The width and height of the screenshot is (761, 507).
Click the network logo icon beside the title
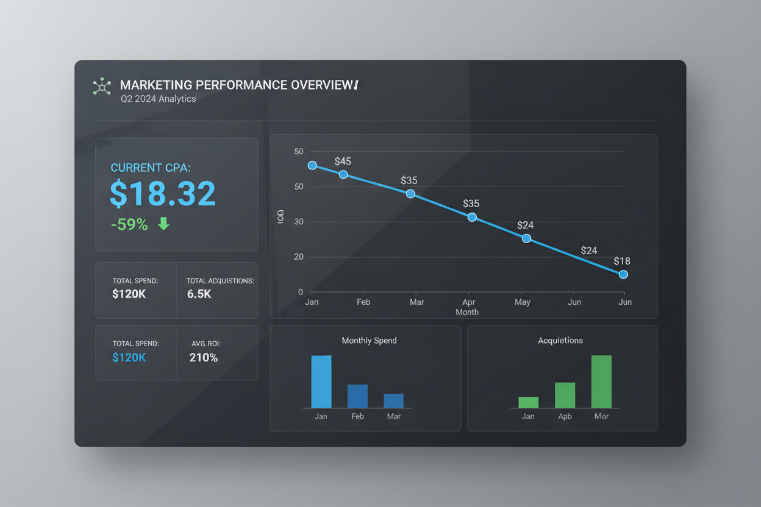coord(102,87)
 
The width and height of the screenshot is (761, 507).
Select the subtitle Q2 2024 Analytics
coord(158,99)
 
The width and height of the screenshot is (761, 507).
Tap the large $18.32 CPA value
coord(163,193)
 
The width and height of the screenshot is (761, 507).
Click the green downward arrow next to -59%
coord(163,224)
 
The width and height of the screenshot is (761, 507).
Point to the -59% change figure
coord(129,225)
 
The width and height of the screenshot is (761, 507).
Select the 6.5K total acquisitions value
coord(199,294)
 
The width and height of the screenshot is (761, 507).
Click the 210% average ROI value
coord(204,358)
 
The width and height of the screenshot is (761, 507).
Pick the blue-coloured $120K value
coord(129,358)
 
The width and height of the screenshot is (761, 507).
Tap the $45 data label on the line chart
coord(343,161)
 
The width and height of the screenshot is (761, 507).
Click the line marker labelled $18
coord(623,275)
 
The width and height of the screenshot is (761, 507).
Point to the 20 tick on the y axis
coord(299,257)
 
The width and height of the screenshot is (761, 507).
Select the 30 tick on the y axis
coord(299,222)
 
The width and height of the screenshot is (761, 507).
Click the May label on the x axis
coord(523,302)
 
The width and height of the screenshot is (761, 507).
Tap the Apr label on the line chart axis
coord(468,302)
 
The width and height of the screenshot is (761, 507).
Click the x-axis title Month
coord(467,312)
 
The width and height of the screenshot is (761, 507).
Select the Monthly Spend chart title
coord(369,341)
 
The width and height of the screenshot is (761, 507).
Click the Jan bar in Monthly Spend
coord(321,382)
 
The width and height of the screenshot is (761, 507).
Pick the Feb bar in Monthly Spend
coord(357,396)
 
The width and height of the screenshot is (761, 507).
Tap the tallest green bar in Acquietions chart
coord(601,382)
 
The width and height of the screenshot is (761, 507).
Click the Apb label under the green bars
coord(565,417)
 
